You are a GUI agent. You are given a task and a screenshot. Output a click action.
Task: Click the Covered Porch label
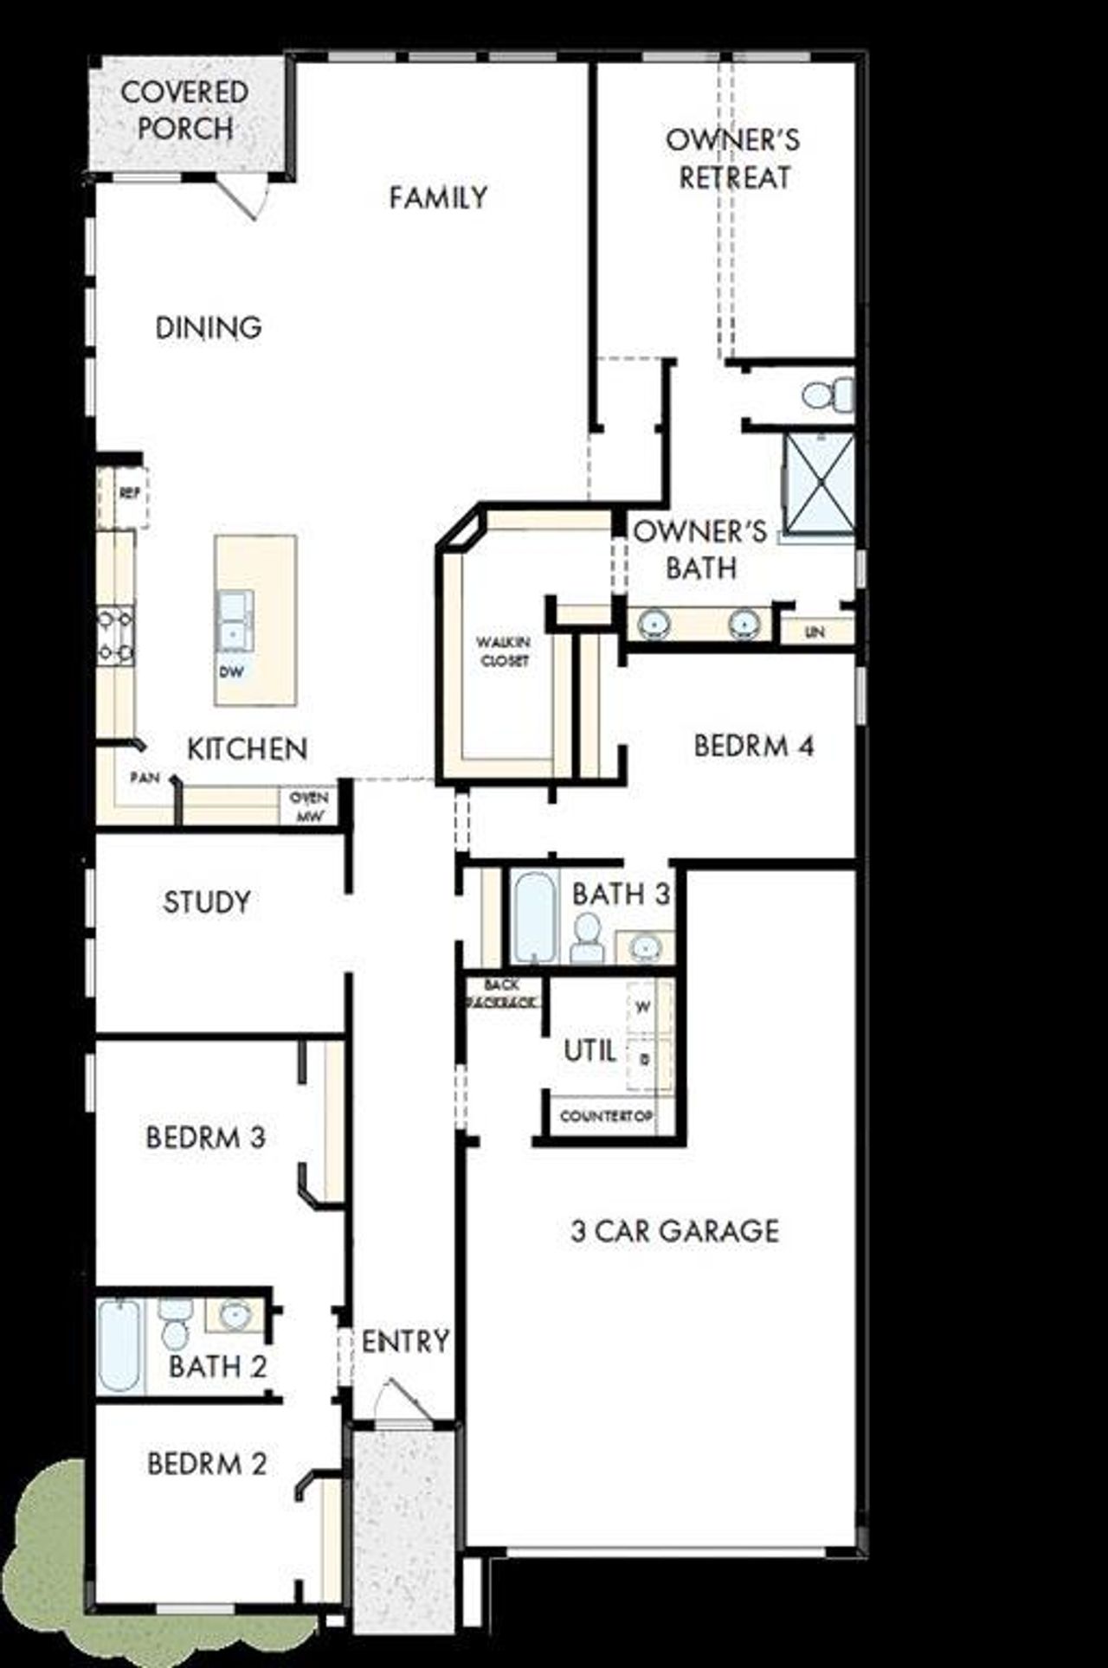tap(184, 110)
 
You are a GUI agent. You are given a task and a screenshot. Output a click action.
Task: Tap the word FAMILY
tap(438, 198)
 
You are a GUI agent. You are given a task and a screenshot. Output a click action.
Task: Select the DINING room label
tap(209, 328)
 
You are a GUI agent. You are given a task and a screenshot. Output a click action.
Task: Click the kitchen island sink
tap(234, 619)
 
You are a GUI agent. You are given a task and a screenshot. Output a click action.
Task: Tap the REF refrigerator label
tap(130, 494)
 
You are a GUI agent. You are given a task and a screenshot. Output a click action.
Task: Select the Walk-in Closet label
tap(504, 651)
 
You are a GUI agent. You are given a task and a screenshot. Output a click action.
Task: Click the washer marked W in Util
tap(643, 1007)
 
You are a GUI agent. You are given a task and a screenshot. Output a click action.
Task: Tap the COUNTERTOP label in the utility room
tap(606, 1116)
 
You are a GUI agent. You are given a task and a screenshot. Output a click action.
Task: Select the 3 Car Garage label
tap(674, 1230)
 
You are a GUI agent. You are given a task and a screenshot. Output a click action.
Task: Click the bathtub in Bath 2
tap(119, 1345)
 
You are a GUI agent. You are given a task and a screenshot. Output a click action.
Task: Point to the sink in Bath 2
tap(234, 1316)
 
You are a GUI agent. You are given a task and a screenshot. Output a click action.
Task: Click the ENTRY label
tap(405, 1342)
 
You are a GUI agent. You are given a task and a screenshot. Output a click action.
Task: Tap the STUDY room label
tap(207, 902)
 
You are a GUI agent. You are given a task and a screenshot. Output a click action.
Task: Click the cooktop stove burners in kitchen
tap(115, 636)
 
